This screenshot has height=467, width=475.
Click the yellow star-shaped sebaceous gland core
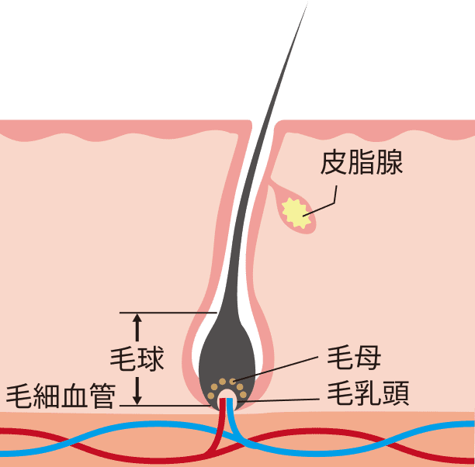(296, 212)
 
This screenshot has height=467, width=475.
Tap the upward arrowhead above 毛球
(137, 319)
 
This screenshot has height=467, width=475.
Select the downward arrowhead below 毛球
(137, 398)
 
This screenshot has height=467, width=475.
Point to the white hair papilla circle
(227, 398)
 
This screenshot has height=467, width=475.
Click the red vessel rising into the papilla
(221, 423)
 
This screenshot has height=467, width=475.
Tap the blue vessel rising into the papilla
(235, 423)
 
